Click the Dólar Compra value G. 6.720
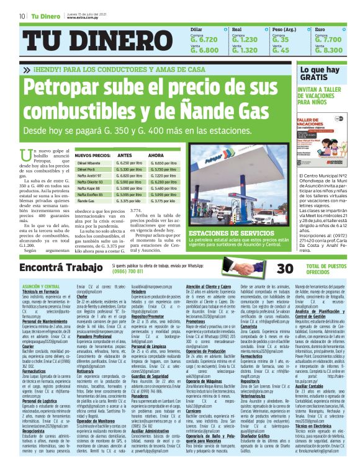tap(204, 38)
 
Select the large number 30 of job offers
tap(268, 268)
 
